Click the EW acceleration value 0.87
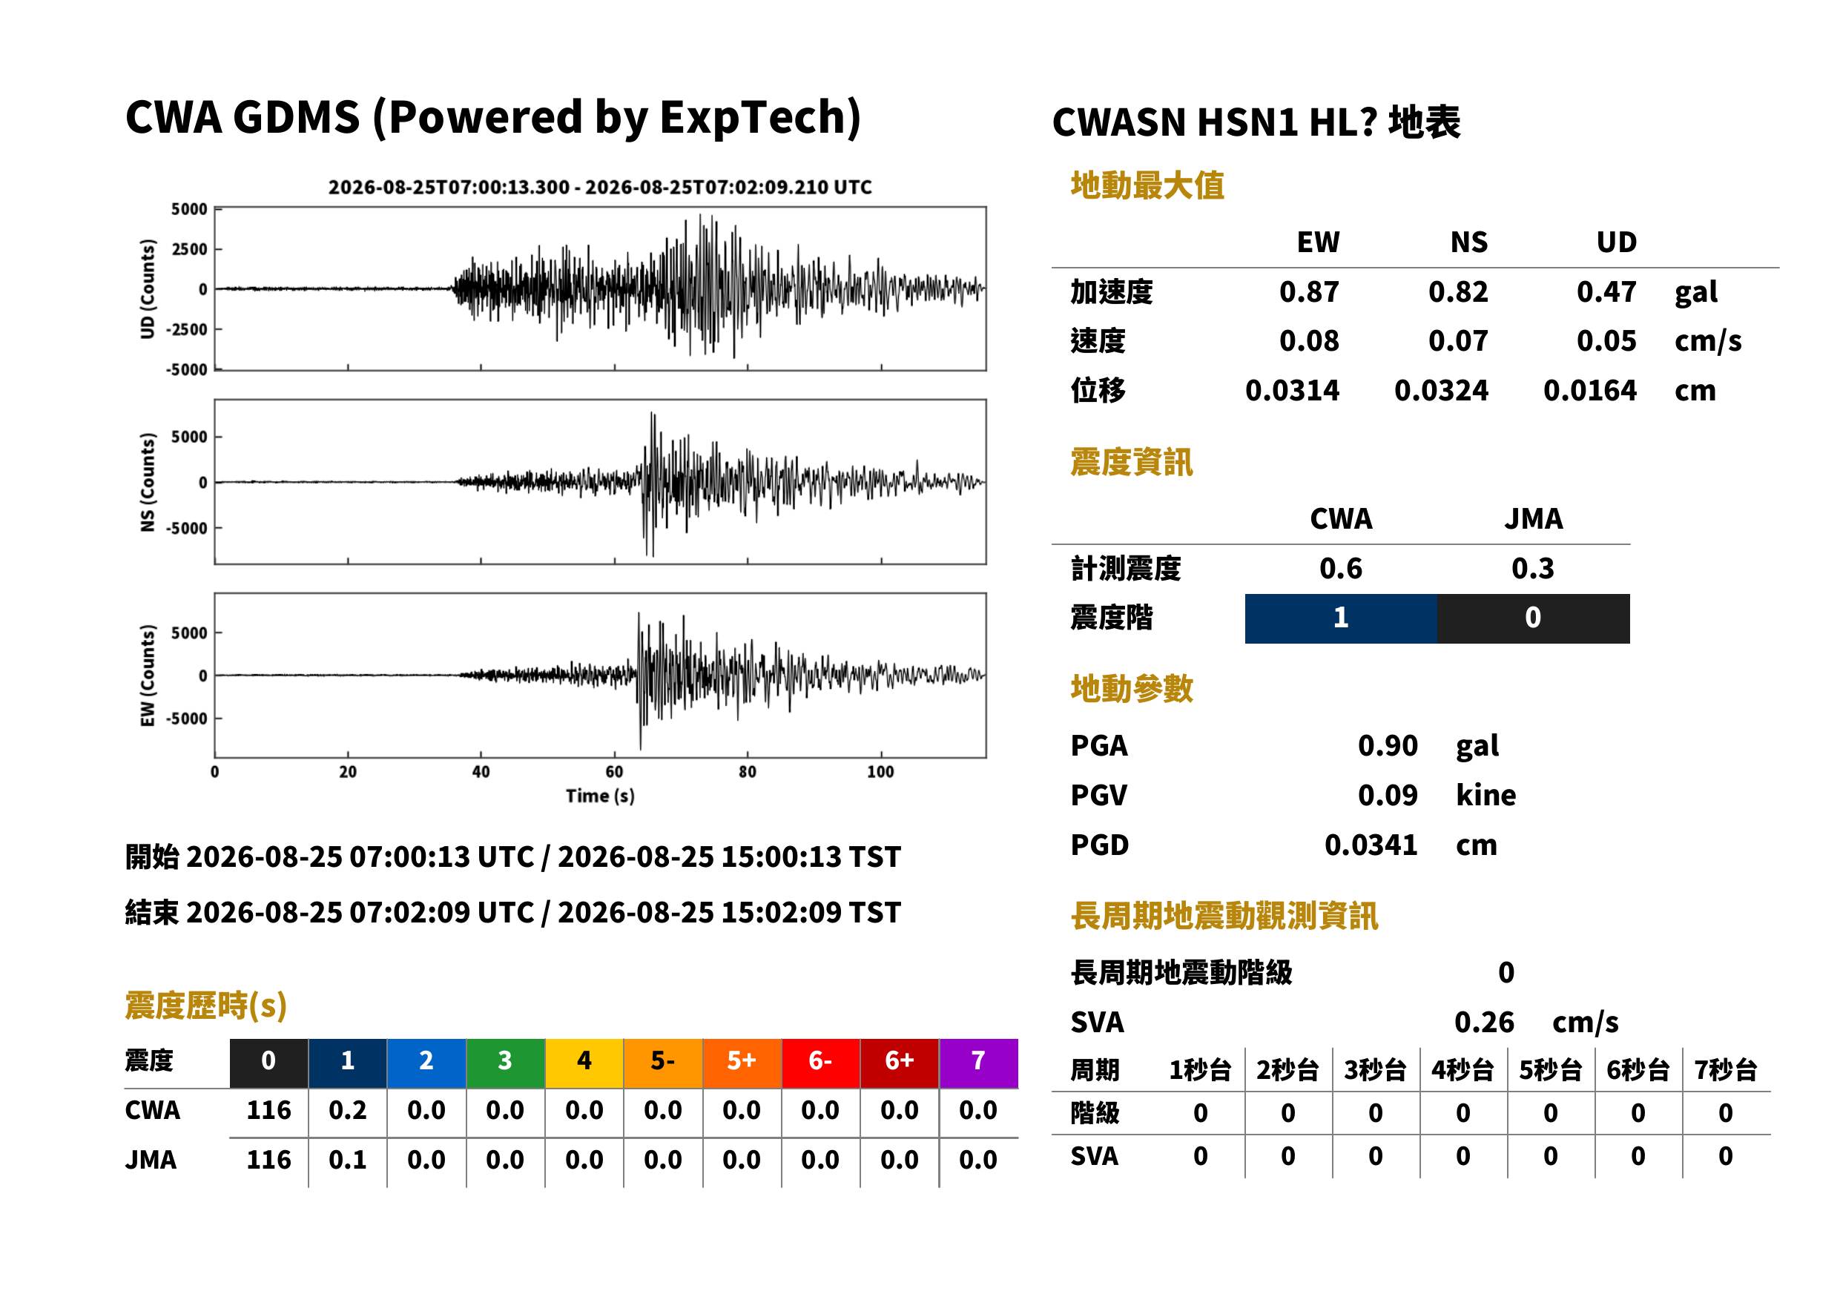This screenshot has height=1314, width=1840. click(1308, 291)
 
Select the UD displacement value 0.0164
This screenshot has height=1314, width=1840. click(1589, 390)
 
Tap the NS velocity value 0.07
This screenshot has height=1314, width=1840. click(1457, 340)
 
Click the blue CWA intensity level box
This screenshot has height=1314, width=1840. click(1341, 618)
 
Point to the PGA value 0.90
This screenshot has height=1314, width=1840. click(1388, 745)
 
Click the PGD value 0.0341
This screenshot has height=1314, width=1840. click(1371, 845)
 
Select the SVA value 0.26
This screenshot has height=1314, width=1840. click(1484, 1022)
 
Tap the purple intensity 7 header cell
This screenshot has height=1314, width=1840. click(978, 1063)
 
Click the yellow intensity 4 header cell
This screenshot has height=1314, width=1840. click(584, 1063)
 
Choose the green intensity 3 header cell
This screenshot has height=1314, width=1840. click(505, 1063)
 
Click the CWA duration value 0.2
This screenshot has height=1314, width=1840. click(347, 1110)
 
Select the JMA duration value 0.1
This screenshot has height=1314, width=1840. click(347, 1160)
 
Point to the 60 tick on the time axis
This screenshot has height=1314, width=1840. click(614, 772)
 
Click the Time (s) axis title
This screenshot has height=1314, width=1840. click(599, 796)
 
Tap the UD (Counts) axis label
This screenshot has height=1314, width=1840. click(148, 289)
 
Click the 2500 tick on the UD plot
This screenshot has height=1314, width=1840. click(189, 249)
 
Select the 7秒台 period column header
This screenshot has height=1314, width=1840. click(1725, 1069)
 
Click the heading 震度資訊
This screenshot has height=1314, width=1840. click(1131, 462)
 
